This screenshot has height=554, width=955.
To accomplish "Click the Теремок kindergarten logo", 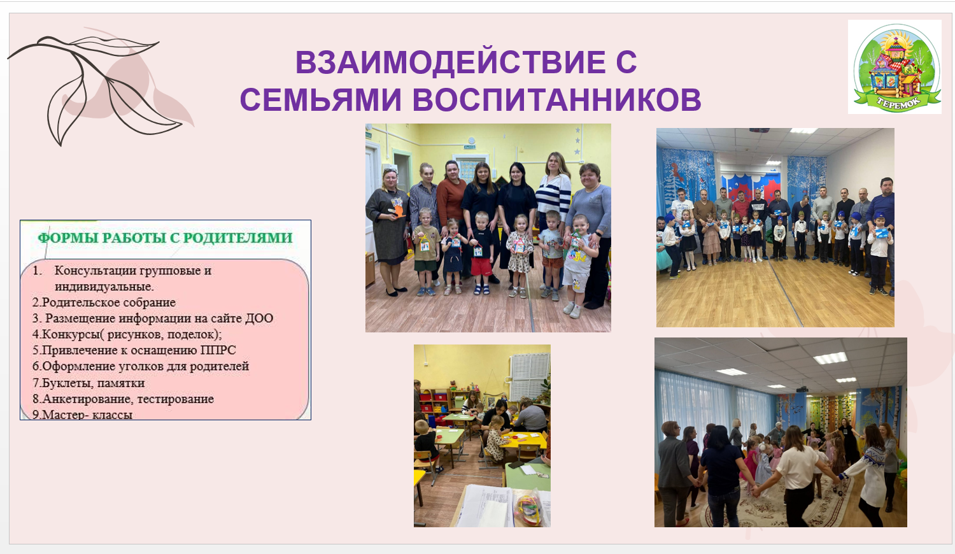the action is point(895,67).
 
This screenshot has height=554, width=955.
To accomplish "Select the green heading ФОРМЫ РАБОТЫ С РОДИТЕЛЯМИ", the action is point(166,238).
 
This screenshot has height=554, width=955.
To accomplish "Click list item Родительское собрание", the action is point(104,302).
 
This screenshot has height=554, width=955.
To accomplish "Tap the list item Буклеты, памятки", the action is point(88,383).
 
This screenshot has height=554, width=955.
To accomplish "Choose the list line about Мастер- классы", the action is point(82,414).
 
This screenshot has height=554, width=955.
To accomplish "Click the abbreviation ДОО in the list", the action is point(258,318).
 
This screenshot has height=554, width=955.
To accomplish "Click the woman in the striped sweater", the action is point(553,196).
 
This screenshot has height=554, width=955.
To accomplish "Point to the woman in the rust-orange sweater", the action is point(451,204).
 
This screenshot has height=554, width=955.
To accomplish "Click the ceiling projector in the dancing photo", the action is point(802,389).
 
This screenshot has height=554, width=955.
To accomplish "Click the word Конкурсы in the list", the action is point(71,334).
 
